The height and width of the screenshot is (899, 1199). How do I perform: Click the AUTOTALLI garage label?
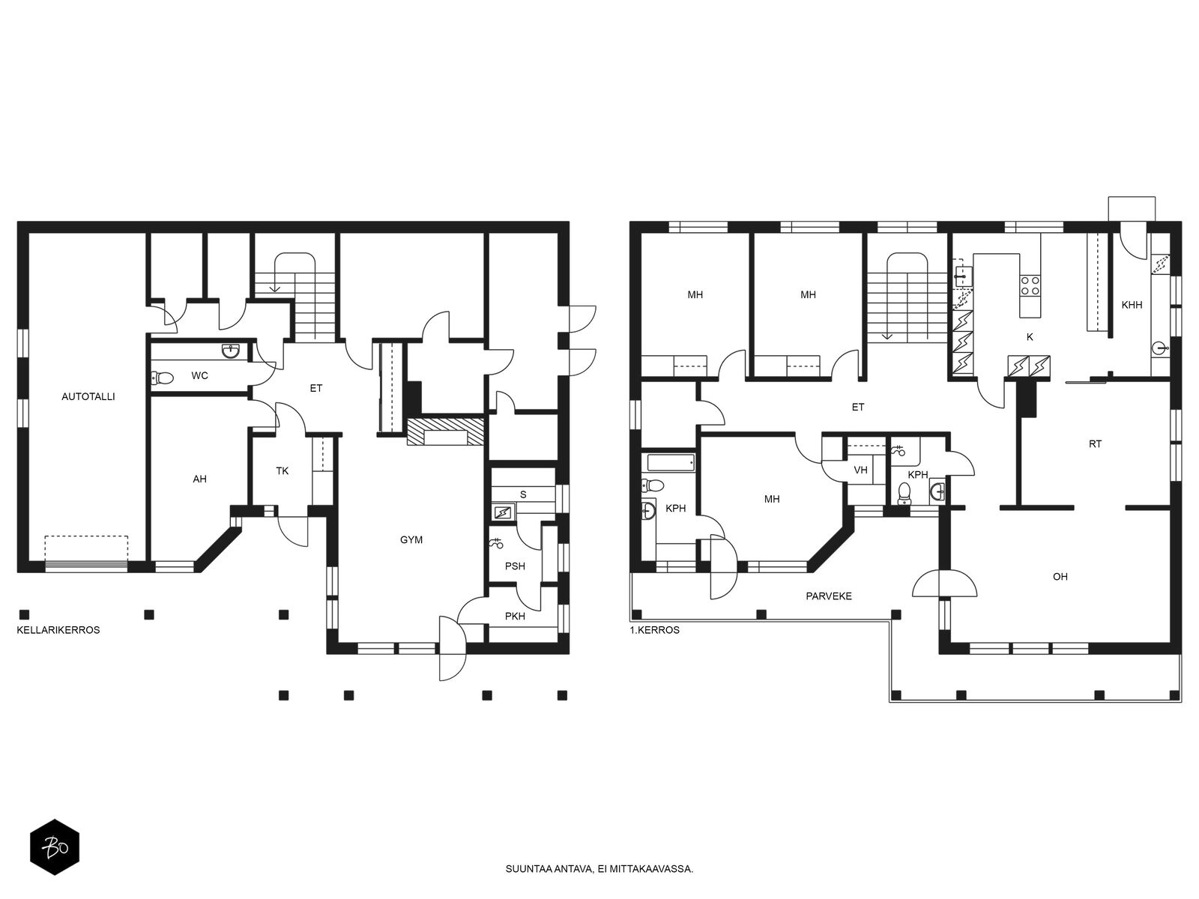pyautogui.click(x=88, y=397)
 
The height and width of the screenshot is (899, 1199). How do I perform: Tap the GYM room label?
pyautogui.click(x=411, y=540)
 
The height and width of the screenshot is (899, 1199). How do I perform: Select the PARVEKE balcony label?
pyautogui.click(x=829, y=596)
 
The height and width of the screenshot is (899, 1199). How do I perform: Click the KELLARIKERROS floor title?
pyautogui.click(x=58, y=630)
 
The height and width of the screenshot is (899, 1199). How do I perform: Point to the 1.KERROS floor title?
pyautogui.click(x=654, y=630)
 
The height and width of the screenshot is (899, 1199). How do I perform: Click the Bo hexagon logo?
pyautogui.click(x=55, y=847)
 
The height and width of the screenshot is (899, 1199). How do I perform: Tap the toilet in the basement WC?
pyautogui.click(x=162, y=377)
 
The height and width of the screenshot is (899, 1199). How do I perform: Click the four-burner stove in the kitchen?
pyautogui.click(x=1030, y=285)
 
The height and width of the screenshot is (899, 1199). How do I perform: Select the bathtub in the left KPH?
pyautogui.click(x=671, y=462)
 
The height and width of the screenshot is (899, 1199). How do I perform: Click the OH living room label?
pyautogui.click(x=1060, y=576)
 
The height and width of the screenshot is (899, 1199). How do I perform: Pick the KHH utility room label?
pyautogui.click(x=1132, y=305)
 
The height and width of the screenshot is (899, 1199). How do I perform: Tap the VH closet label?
pyautogui.click(x=860, y=470)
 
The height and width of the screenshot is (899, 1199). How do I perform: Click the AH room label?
pyautogui.click(x=200, y=479)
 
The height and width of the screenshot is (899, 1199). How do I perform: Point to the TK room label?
pyautogui.click(x=282, y=470)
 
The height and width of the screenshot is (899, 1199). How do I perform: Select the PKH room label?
pyautogui.click(x=515, y=617)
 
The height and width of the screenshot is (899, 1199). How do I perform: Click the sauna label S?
pyautogui.click(x=523, y=494)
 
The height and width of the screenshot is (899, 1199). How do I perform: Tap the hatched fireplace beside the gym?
pyautogui.click(x=446, y=432)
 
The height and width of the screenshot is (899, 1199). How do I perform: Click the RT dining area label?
pyautogui.click(x=1096, y=444)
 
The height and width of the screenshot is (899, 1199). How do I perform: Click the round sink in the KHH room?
pyautogui.click(x=1160, y=347)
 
